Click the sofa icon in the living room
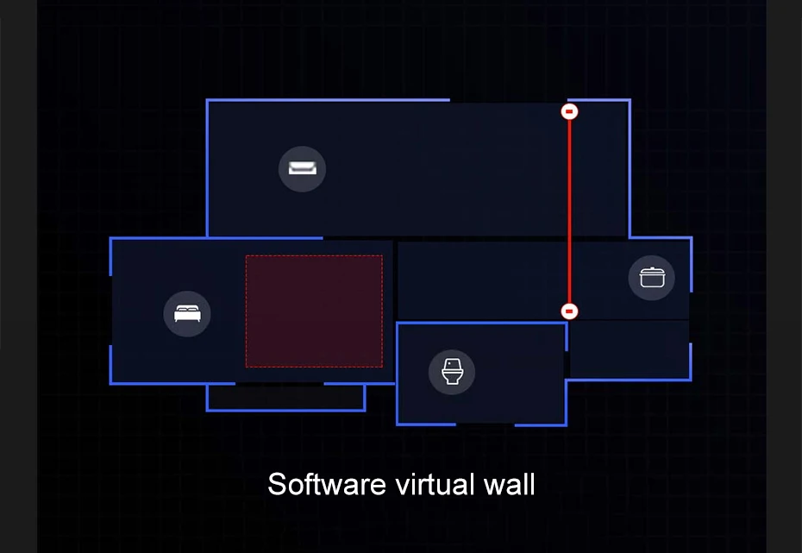click(302, 168)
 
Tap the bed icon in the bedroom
click(187, 313)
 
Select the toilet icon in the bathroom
click(452, 372)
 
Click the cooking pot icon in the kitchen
click(651, 278)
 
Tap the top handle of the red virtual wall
click(569, 111)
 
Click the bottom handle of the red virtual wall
click(569, 311)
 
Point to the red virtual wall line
click(569, 211)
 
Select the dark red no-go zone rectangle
click(314, 311)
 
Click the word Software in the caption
click(327, 484)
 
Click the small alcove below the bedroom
click(285, 397)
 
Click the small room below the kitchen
click(629, 349)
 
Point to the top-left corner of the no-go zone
click(247, 256)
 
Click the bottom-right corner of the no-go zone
click(382, 367)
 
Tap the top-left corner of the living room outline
click(207, 101)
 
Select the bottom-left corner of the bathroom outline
click(398, 424)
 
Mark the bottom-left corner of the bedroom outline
click(111, 383)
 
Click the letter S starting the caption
click(276, 484)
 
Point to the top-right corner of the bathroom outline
click(566, 324)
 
